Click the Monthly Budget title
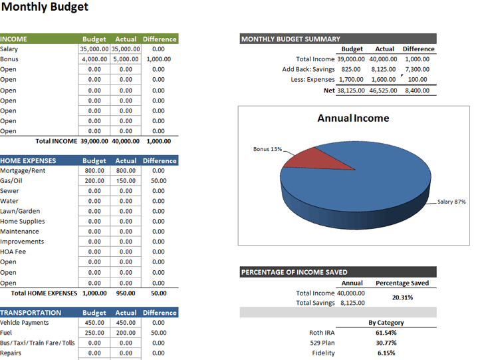click(45, 8)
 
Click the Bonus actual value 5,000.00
click(126, 59)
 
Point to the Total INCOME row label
click(56, 141)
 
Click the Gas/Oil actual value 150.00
click(126, 181)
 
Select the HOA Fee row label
click(13, 252)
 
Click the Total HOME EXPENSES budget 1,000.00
click(94, 293)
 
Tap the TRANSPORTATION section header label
click(31, 313)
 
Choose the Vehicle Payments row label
click(25, 323)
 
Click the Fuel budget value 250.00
click(94, 333)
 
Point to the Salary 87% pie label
click(451, 202)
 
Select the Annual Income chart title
click(353, 118)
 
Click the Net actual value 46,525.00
click(384, 90)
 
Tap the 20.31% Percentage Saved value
click(402, 297)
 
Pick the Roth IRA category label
click(322, 333)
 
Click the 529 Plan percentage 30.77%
click(386, 343)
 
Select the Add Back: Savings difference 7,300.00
click(417, 69)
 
